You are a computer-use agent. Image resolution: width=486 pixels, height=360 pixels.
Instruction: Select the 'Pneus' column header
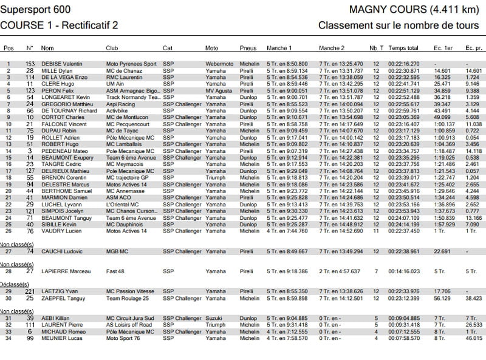(248, 47)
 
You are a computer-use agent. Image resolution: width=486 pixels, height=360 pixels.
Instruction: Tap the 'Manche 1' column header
(279, 47)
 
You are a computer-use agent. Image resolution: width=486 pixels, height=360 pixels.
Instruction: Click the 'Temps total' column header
(403, 47)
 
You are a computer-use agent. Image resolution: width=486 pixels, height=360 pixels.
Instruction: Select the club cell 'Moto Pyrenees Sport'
(131, 64)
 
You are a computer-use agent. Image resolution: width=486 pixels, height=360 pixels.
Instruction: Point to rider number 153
(30, 64)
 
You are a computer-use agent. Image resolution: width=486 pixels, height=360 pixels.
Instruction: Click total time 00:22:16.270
(404, 64)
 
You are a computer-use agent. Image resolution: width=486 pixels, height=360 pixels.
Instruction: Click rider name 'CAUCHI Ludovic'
(62, 251)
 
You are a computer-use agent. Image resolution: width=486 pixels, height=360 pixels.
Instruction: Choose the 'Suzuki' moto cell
(213, 318)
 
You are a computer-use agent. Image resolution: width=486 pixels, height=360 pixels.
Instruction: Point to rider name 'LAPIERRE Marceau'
(66, 271)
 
